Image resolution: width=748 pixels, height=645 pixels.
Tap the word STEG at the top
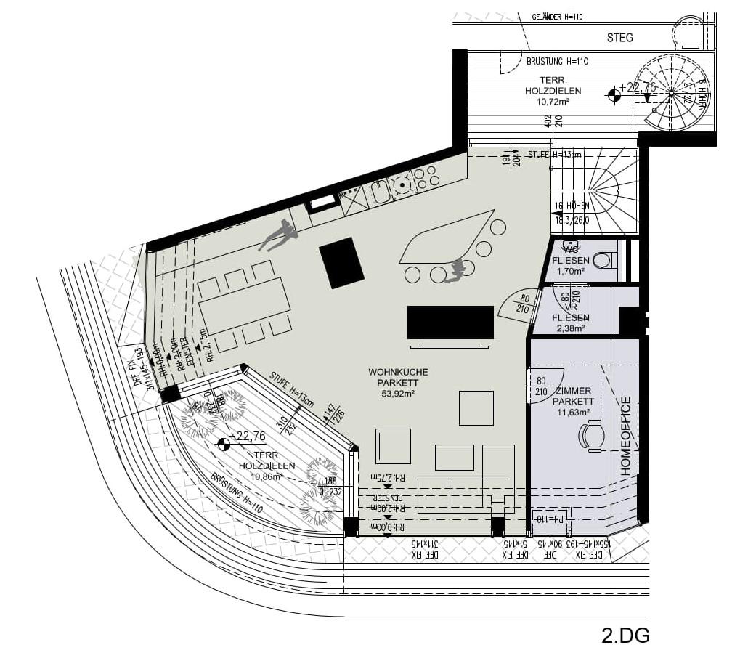619,37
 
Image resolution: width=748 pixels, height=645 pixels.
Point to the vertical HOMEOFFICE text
626,436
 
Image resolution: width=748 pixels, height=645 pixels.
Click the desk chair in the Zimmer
592,437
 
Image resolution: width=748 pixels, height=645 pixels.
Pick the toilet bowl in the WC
602,259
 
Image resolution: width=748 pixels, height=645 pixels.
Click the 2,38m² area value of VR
570,328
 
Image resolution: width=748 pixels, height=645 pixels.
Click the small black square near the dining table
341,262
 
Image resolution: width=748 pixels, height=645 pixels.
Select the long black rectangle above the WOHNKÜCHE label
450,322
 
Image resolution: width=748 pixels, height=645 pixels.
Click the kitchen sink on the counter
381,191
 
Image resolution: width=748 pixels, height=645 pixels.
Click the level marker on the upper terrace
614,93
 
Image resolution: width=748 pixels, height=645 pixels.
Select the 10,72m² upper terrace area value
553,102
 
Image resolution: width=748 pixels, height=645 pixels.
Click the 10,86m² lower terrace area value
267,476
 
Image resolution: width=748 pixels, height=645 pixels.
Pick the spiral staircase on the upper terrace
672,94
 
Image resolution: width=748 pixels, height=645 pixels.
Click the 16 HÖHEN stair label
571,206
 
